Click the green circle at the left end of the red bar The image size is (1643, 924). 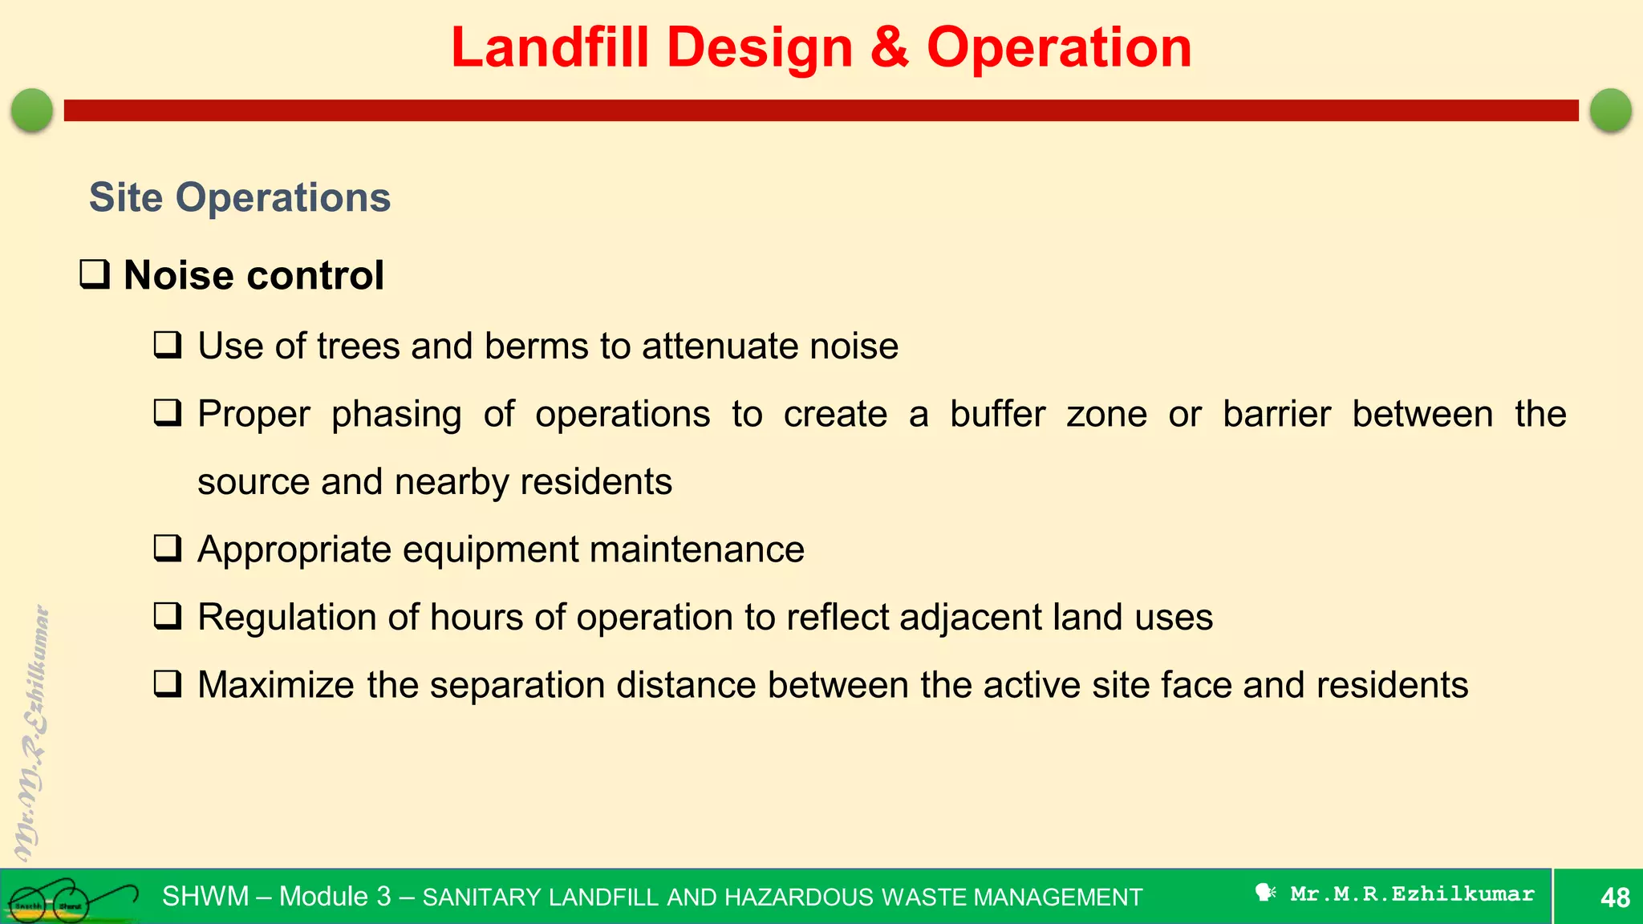click(x=32, y=110)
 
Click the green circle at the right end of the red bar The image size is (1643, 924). click(x=1610, y=110)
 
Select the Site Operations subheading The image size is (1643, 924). click(x=239, y=197)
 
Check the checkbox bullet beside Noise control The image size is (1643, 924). click(x=95, y=274)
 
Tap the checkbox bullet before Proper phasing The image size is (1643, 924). click(x=168, y=413)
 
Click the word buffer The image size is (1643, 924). click(x=997, y=414)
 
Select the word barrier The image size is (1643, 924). click(x=1276, y=414)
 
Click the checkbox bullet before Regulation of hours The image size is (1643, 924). click(x=168, y=616)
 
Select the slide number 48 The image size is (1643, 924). click(x=1614, y=897)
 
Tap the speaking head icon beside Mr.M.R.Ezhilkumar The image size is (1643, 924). click(x=1265, y=893)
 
